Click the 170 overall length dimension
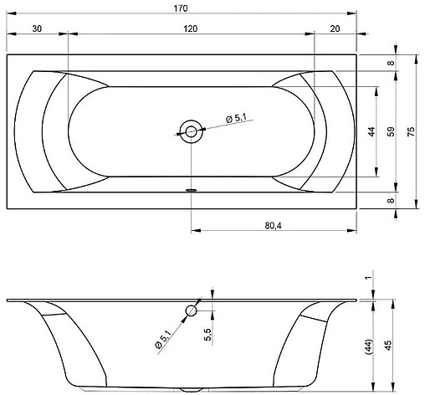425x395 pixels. click(181, 8)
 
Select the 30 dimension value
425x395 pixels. click(37, 28)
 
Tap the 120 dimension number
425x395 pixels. click(191, 28)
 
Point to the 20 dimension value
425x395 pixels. click(335, 28)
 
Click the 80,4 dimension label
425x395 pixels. click(273, 225)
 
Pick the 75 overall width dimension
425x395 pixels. click(411, 131)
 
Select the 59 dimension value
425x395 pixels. click(391, 131)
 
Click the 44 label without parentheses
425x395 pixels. click(371, 131)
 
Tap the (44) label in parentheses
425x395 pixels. click(369, 346)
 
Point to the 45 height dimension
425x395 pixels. click(388, 346)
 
